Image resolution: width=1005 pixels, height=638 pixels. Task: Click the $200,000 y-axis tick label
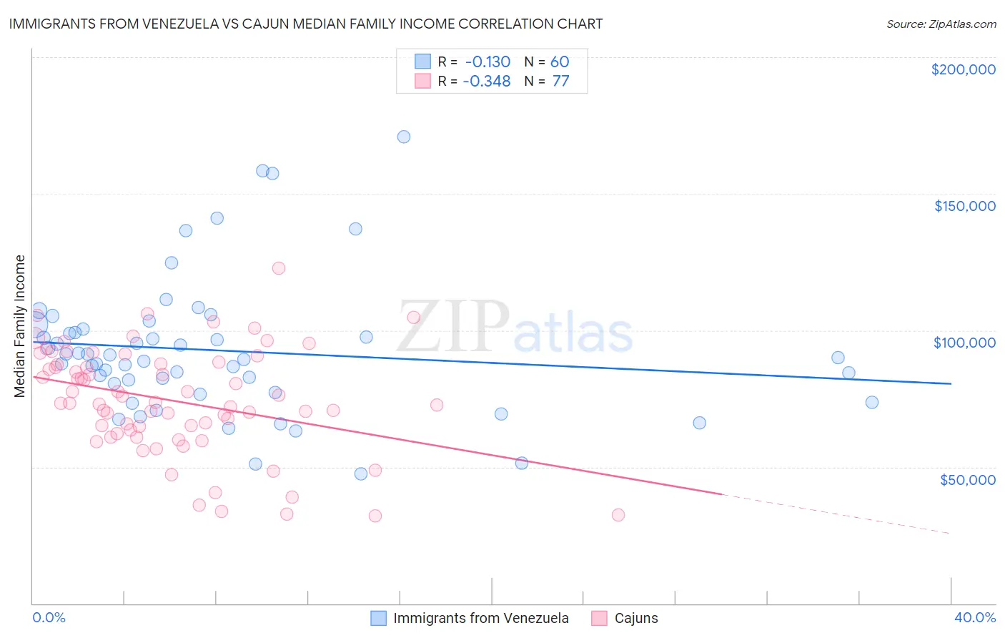(963, 69)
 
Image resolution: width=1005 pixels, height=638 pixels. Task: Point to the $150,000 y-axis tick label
(964, 206)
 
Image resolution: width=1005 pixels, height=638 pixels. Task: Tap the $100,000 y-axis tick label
(964, 343)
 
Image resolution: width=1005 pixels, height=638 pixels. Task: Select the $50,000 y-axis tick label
(967, 479)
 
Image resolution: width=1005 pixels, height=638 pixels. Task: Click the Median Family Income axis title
(20, 326)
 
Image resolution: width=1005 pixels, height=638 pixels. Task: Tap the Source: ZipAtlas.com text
(941, 24)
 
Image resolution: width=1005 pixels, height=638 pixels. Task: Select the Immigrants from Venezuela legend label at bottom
(480, 618)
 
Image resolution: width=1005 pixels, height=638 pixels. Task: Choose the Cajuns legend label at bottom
(636, 618)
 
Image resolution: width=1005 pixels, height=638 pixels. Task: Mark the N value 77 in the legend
(560, 81)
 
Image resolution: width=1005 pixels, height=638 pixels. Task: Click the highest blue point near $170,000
(404, 137)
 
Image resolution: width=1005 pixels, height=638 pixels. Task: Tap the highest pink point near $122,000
(279, 268)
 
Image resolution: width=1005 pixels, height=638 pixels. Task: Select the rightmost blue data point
(872, 402)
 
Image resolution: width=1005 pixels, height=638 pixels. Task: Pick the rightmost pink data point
(618, 515)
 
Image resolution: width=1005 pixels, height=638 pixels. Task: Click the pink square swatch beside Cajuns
(599, 618)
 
